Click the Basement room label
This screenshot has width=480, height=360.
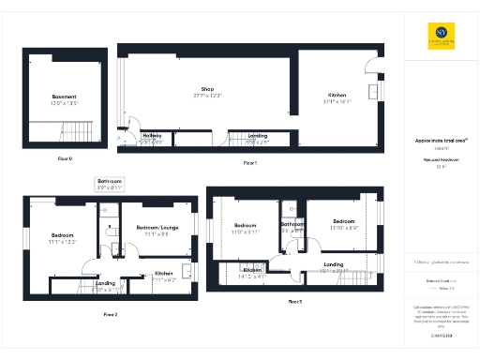pos(65,96)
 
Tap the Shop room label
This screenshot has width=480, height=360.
pos(207,89)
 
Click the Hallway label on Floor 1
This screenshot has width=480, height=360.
pos(151,136)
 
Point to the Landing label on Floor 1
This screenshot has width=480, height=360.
pos(257,136)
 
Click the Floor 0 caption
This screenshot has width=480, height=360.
pos(65,158)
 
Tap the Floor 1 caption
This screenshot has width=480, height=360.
pos(249,163)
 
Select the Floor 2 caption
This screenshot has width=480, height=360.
pos(110,315)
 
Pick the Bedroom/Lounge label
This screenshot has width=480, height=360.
pos(157,228)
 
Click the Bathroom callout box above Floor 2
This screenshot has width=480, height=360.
pos(110,184)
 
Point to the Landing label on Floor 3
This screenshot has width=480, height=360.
pos(333,264)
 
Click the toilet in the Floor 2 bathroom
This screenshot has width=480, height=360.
pos(114,249)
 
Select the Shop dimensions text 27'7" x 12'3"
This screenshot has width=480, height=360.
pos(207,97)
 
